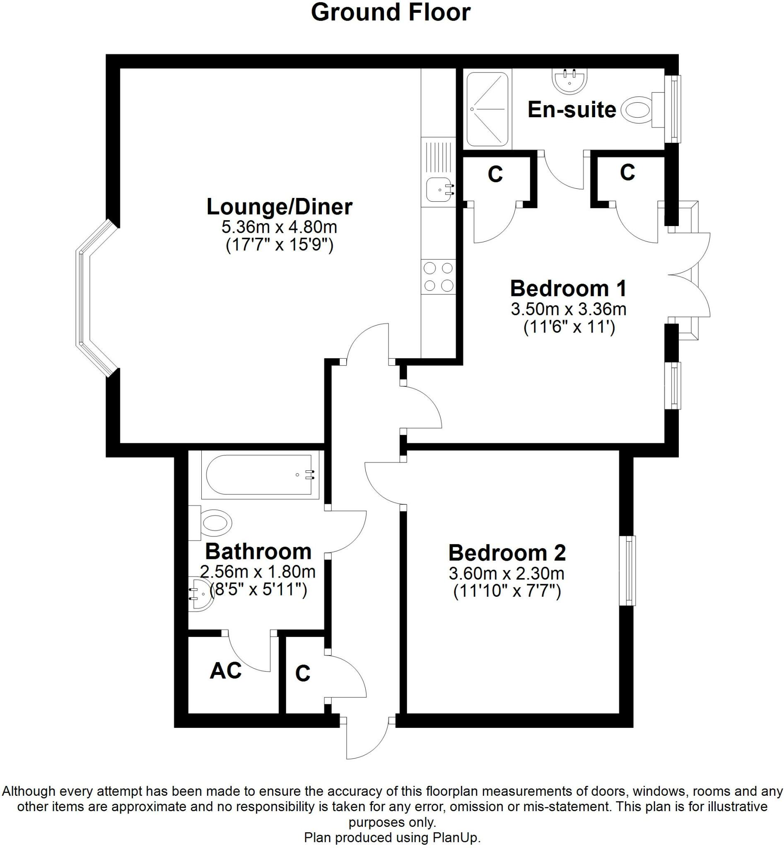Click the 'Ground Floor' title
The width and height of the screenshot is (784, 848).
(390, 13)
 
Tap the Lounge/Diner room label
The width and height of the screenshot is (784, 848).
(279, 207)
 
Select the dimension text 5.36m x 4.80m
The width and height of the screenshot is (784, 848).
(279, 227)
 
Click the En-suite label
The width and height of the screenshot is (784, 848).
(572, 110)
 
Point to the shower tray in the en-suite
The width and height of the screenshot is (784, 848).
(487, 109)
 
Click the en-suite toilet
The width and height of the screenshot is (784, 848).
(637, 110)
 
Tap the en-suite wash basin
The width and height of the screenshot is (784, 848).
(570, 82)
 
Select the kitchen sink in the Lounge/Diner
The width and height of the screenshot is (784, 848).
(439, 190)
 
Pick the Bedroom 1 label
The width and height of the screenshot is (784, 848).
(568, 289)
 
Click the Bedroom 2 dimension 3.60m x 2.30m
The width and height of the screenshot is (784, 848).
(507, 574)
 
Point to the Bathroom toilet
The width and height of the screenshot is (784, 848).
(212, 523)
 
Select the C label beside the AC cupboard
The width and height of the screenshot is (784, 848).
(302, 673)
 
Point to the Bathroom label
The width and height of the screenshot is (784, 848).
(258, 552)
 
